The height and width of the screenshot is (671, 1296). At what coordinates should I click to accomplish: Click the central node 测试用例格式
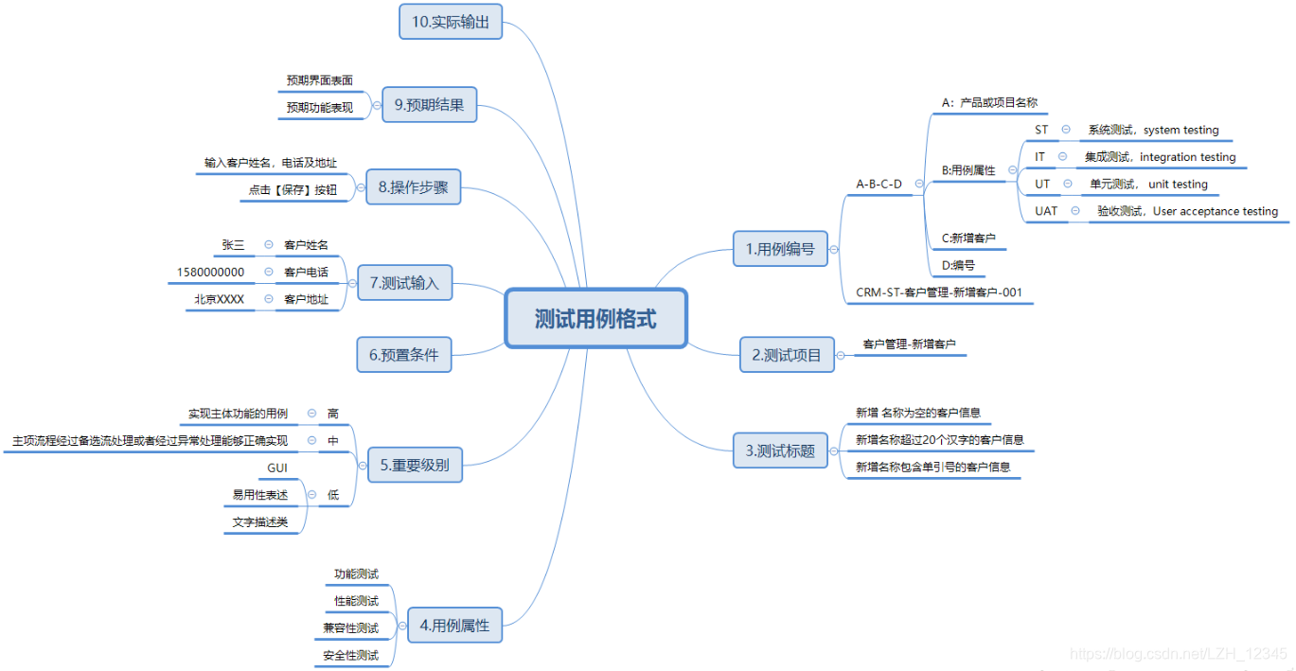pyautogui.click(x=595, y=318)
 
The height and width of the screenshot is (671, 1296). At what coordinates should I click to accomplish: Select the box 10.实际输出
pyautogui.click(x=451, y=22)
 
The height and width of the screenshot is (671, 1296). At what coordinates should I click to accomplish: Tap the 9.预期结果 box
pyautogui.click(x=429, y=105)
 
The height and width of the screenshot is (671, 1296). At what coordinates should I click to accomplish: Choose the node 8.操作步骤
pyautogui.click(x=413, y=187)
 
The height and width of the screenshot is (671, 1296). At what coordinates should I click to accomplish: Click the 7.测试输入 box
pyautogui.click(x=404, y=282)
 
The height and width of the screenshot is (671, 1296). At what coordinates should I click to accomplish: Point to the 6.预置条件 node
pyautogui.click(x=404, y=355)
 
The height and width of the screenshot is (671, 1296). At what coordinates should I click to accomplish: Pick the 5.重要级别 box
pyautogui.click(x=415, y=465)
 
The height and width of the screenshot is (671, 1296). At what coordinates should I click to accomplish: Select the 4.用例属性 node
pyautogui.click(x=454, y=625)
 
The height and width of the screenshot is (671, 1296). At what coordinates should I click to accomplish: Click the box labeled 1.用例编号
pyautogui.click(x=779, y=249)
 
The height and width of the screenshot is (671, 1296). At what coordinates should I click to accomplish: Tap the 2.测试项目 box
pyautogui.click(x=786, y=355)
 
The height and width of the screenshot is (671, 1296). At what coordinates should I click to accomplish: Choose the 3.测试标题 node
pyautogui.click(x=781, y=450)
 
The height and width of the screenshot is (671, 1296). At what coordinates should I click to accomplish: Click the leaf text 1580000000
pyautogui.click(x=210, y=273)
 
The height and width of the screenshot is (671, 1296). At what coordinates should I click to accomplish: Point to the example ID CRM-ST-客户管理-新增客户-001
pyautogui.click(x=938, y=292)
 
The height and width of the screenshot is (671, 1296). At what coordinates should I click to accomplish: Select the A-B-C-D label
pyautogui.click(x=879, y=184)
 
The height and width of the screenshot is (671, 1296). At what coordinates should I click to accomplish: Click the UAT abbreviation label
pyautogui.click(x=1046, y=211)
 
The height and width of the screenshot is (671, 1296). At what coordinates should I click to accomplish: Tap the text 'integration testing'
pyautogui.click(x=1187, y=157)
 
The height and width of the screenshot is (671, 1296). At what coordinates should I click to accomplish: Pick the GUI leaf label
pyautogui.click(x=277, y=468)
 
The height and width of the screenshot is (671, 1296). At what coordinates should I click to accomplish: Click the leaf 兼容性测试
pyautogui.click(x=350, y=628)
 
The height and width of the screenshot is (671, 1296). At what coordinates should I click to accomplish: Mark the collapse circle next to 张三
pyautogui.click(x=269, y=245)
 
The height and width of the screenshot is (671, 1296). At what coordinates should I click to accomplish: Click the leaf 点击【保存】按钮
pyautogui.click(x=293, y=189)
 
